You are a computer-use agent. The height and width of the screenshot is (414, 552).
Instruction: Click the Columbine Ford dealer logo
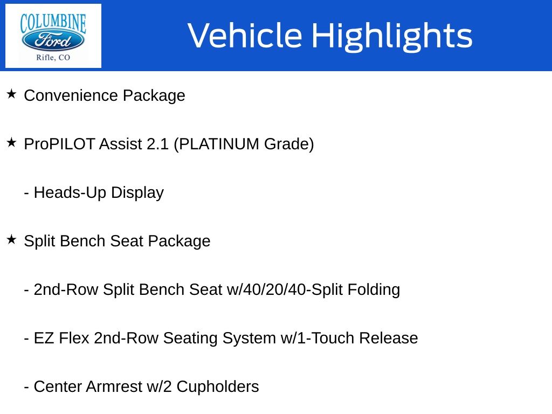pos(53,36)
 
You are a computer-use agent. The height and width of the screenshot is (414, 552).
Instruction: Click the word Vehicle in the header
pos(245,35)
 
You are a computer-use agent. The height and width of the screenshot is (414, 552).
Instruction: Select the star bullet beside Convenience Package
pos(11,94)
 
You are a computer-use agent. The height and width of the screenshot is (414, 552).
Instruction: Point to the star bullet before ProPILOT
pos(11,142)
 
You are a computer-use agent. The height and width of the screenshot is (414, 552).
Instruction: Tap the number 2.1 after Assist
pos(157,144)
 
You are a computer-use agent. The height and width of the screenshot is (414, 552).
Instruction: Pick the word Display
pos(137,192)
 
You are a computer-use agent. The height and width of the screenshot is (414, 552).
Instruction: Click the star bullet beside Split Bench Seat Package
pos(11,240)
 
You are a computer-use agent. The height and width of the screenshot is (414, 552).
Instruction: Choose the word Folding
pos(374,289)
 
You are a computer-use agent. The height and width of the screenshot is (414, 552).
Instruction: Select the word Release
pos(388,338)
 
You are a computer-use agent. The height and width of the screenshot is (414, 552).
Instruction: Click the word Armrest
pos(114,387)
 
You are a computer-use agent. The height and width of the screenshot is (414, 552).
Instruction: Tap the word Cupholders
pos(218,387)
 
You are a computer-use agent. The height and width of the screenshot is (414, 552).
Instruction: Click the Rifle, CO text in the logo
pos(53,57)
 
